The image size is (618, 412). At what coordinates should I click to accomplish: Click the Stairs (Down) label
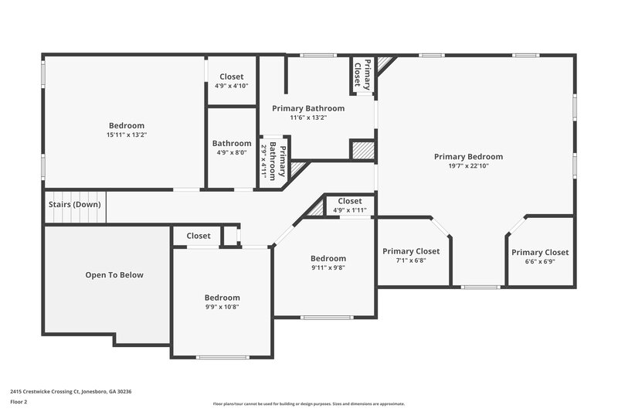point(73,204)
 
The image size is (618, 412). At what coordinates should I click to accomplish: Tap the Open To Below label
point(114,274)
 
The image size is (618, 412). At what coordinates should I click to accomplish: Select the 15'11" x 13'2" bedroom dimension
point(126,134)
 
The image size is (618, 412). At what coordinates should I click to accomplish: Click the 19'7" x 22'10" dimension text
point(468,165)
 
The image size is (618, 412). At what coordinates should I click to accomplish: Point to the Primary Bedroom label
point(468,156)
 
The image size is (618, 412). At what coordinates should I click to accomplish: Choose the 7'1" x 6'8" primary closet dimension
point(410,260)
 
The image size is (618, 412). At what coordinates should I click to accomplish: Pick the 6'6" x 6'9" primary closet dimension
point(539,261)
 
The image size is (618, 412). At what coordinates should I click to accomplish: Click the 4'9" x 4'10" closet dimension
point(232,86)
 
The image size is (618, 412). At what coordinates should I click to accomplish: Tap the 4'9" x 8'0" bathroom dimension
point(232,152)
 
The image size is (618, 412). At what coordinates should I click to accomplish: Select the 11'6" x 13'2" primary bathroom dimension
point(308,117)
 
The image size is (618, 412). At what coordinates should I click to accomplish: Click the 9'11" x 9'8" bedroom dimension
point(328,267)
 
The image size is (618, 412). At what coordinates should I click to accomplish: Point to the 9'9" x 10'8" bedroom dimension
point(222,307)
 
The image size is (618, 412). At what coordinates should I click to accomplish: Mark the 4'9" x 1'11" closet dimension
point(349,210)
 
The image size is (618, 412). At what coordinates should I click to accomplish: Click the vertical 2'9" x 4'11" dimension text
point(263,161)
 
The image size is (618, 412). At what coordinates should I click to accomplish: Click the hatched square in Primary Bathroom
point(361,149)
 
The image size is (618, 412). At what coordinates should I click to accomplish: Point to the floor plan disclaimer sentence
point(308,403)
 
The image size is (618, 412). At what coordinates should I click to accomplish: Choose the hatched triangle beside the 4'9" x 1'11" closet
point(317,208)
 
